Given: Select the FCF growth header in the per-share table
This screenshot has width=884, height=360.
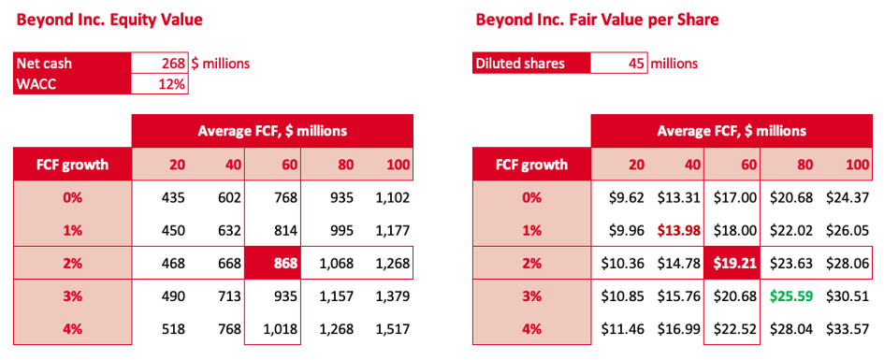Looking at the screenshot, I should point(531,165).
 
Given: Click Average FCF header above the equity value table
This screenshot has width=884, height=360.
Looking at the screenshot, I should point(272,131).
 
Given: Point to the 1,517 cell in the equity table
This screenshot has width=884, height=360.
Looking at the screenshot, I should point(392,329).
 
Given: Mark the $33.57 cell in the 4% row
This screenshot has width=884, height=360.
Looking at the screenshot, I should point(849,329).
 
